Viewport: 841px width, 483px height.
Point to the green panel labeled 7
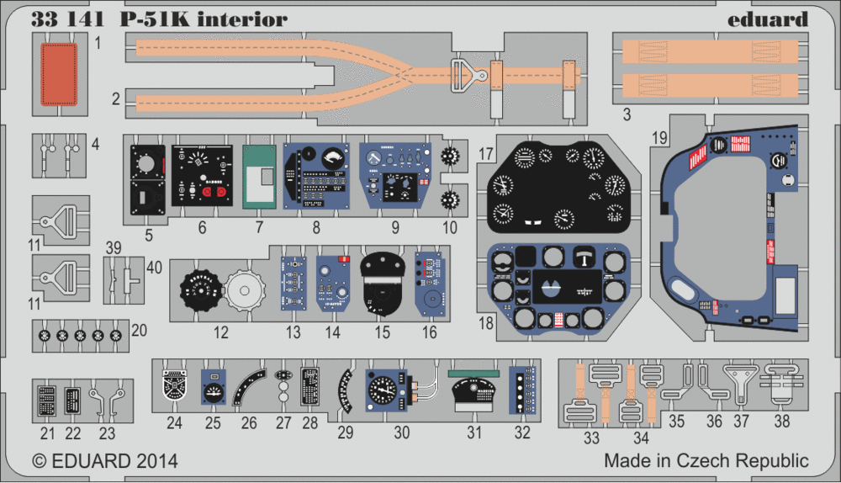coord(259,176)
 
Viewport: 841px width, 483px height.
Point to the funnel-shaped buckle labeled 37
coord(740,386)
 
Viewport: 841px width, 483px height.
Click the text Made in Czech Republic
coord(706,461)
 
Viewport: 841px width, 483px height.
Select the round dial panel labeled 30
coord(383,392)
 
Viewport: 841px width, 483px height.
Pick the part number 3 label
coord(627,112)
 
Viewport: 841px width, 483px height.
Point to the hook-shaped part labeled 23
coord(106,400)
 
